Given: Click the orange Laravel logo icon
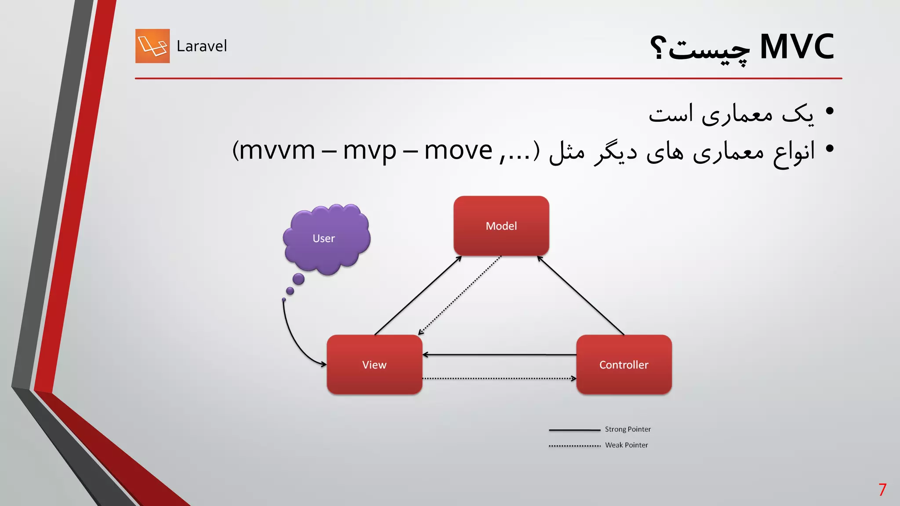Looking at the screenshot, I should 152,46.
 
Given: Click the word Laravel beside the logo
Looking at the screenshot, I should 202,46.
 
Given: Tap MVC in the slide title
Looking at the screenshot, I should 796,47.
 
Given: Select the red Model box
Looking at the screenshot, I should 501,226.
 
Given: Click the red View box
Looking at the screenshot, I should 374,365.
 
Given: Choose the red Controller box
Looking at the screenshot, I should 624,365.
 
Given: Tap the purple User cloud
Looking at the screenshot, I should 326,238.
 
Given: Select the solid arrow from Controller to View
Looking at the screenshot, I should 499,354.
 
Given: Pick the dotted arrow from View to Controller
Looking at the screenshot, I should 499,378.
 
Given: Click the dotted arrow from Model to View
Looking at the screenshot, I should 460,295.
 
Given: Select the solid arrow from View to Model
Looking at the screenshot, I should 417,296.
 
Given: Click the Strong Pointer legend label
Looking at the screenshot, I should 628,429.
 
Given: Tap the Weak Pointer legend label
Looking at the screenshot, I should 626,445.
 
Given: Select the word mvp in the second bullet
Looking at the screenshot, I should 369,151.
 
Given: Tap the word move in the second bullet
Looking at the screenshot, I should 458,151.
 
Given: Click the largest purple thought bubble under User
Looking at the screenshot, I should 298,279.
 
